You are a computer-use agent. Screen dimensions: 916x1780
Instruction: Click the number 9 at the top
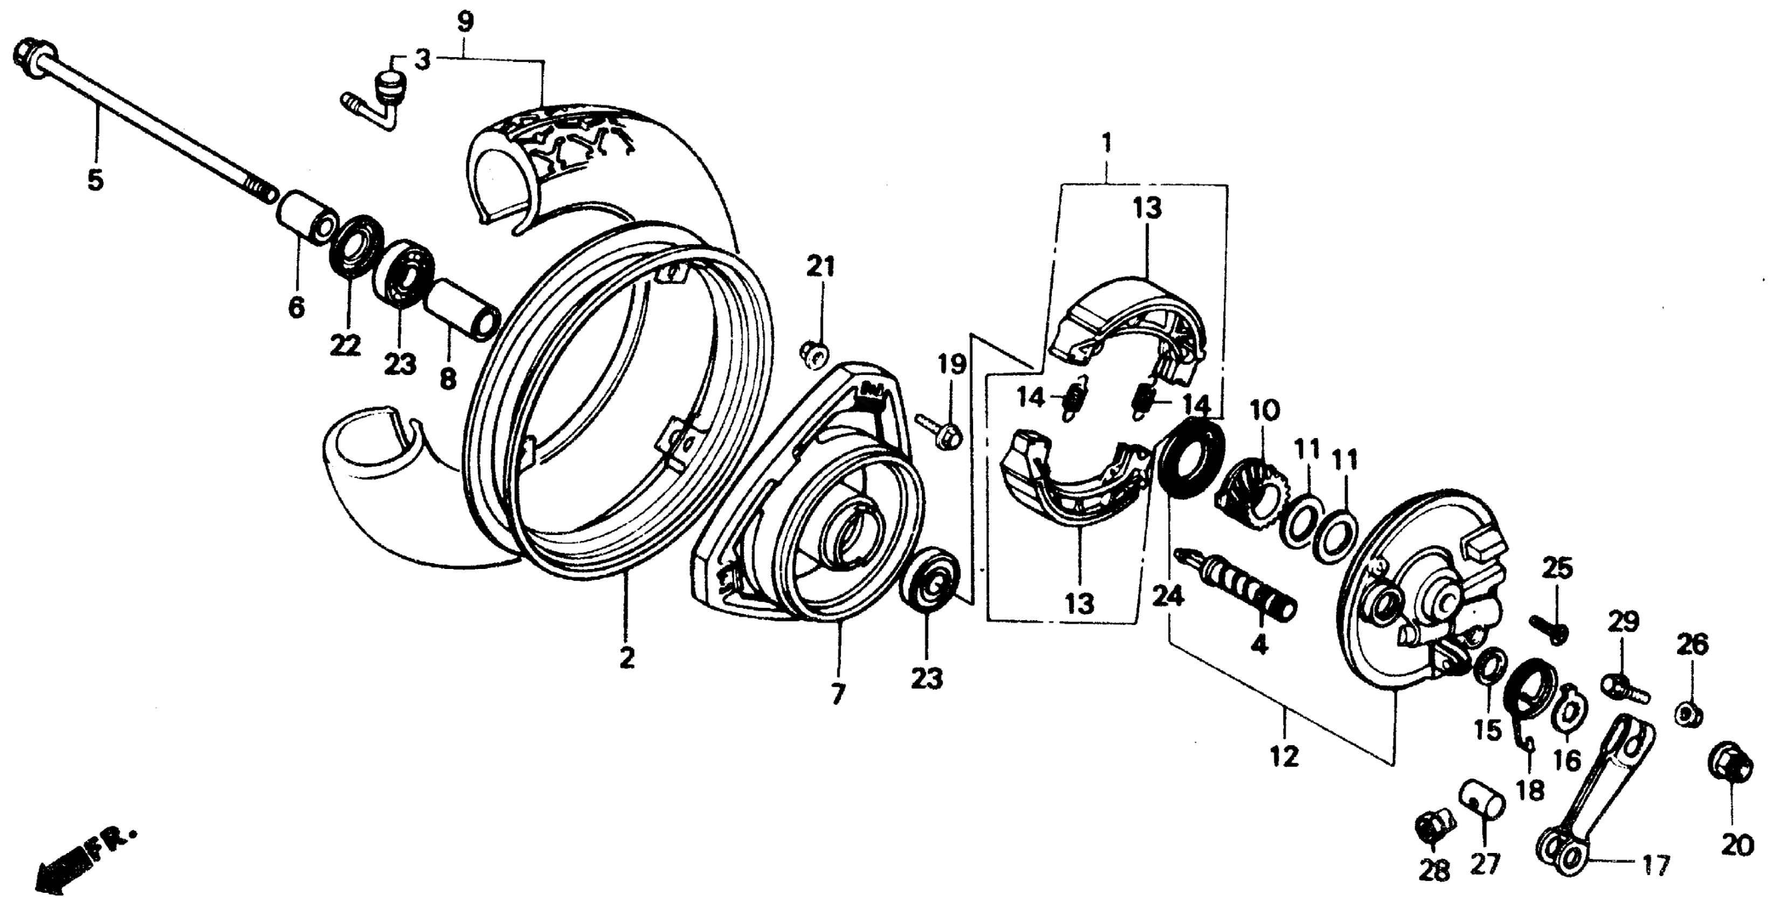465,22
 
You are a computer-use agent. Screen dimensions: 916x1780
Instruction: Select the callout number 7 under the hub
838,693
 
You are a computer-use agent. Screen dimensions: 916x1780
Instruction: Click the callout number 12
1284,757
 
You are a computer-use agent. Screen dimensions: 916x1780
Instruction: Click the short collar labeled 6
307,218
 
